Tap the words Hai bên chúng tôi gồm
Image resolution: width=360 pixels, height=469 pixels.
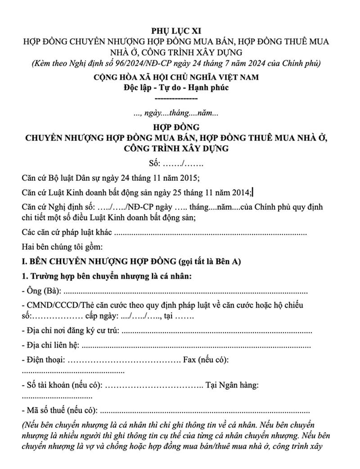coord(62,247)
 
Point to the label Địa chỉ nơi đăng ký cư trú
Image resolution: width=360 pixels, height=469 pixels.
coord(70,331)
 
